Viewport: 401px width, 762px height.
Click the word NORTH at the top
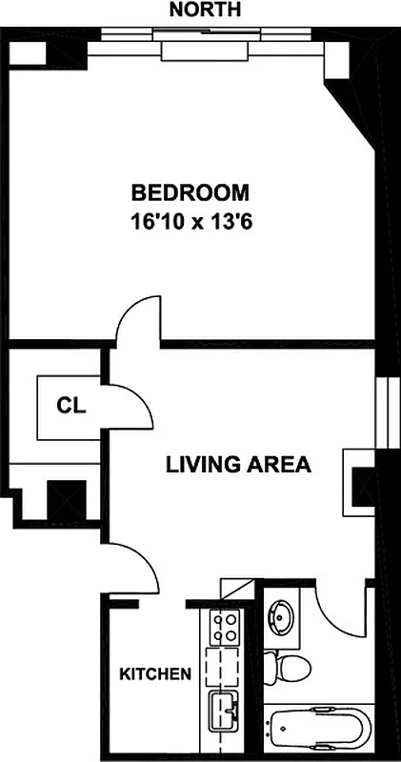coord(204,10)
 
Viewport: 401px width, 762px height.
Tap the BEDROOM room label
coord(190,193)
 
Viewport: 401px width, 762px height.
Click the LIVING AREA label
coord(238,465)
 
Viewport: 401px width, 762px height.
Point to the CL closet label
coord(71,406)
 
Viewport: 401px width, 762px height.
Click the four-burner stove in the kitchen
coord(227,629)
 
